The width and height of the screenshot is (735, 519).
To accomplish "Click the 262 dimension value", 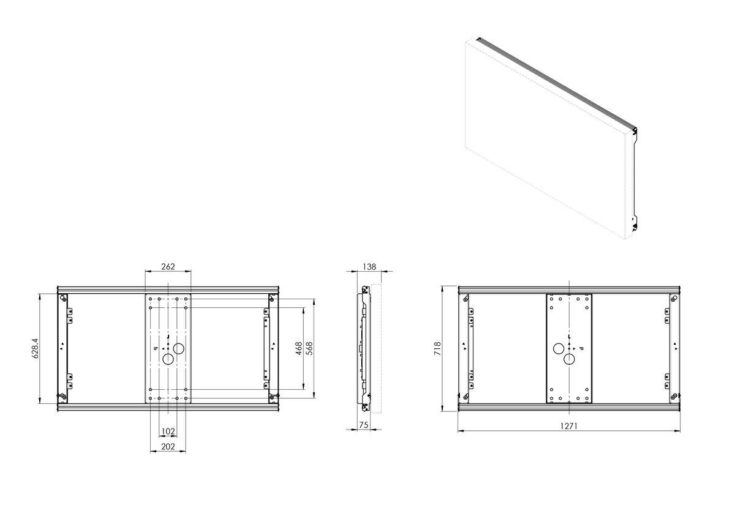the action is click(168, 267).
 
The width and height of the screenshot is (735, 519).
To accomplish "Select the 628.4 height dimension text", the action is click(36, 348).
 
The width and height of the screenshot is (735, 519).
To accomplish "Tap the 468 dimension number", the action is click(299, 348).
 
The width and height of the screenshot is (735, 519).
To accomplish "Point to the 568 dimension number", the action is click(309, 348).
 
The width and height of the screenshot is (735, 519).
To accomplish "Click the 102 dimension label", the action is click(168, 431).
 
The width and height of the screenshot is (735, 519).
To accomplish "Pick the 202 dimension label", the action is click(168, 446).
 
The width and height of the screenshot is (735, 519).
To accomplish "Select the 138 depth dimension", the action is click(369, 267).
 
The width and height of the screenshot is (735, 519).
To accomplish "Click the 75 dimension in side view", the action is click(364, 425).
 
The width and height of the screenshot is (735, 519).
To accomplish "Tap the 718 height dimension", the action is click(437, 348).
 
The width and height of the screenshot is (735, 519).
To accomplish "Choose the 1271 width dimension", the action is click(568, 426).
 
